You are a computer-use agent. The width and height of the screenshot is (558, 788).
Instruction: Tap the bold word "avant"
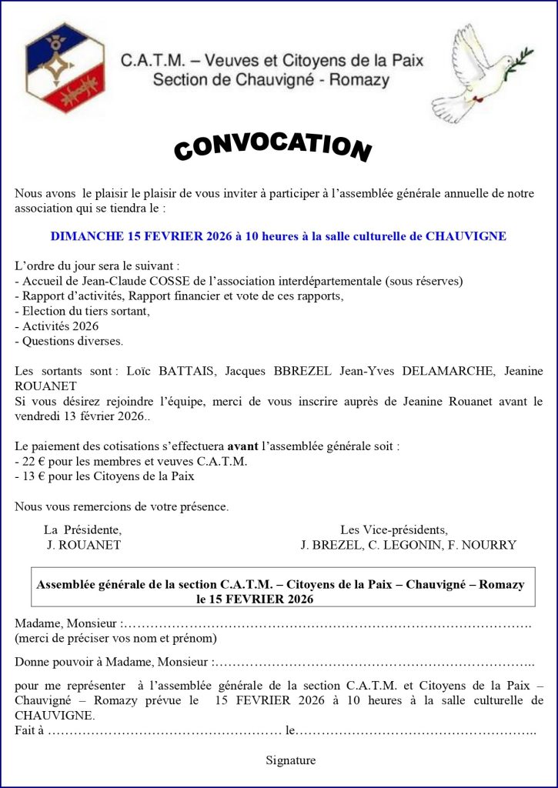pyautogui.click(x=242, y=446)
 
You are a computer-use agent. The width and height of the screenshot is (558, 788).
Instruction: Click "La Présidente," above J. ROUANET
pyautogui.click(x=82, y=529)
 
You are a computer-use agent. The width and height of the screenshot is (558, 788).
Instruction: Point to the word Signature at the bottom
pyautogui.click(x=291, y=760)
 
